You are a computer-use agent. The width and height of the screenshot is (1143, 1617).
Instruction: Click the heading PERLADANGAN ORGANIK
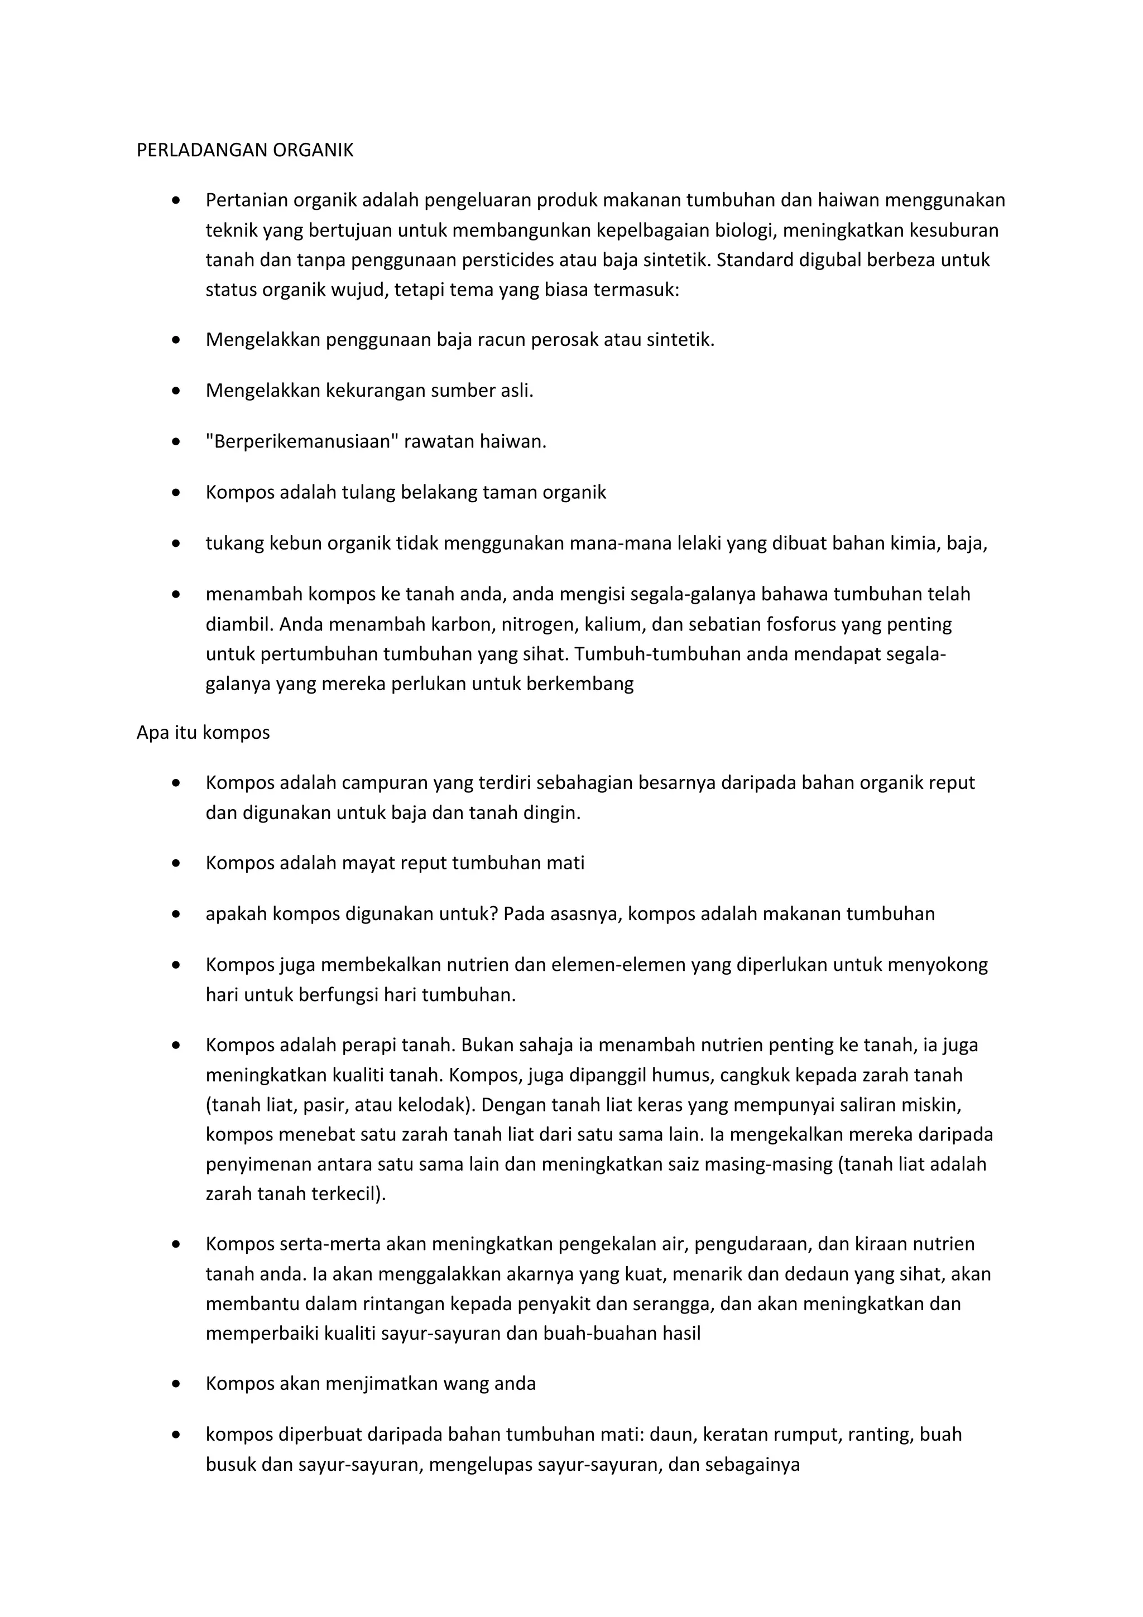click(x=244, y=150)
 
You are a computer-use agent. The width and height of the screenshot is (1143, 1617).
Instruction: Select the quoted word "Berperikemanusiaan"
click(x=302, y=441)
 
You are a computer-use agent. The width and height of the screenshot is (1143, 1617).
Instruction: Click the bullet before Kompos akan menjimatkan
click(x=176, y=1384)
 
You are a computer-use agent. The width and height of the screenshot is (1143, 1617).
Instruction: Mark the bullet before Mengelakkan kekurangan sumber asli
click(x=176, y=391)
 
